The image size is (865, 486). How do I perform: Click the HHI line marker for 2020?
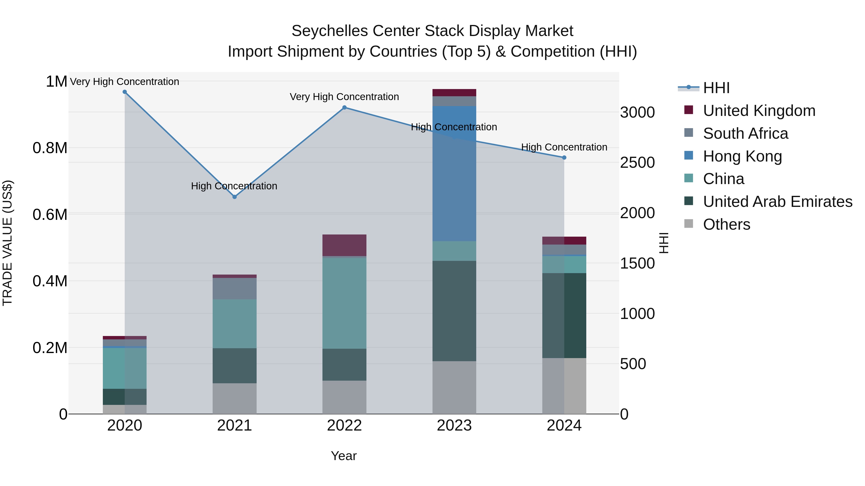click(x=124, y=92)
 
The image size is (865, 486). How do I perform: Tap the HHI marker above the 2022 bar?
click(x=344, y=107)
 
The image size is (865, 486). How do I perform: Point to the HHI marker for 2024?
click(x=564, y=157)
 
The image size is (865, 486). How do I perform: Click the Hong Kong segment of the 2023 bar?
click(x=454, y=188)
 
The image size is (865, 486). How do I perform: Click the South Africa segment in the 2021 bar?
click(x=234, y=288)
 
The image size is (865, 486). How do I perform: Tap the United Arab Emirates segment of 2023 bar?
click(x=454, y=311)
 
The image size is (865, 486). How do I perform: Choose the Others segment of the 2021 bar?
click(x=234, y=398)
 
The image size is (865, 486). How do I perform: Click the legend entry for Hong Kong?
click(x=742, y=156)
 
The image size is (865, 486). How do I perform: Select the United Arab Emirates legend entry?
click(x=777, y=202)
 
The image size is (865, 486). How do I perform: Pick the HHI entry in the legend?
click(x=716, y=88)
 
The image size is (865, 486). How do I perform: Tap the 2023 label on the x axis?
click(x=454, y=426)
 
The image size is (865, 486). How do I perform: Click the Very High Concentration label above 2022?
click(x=344, y=96)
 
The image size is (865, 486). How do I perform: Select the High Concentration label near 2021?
click(x=234, y=186)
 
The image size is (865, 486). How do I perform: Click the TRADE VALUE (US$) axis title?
click(x=7, y=243)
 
